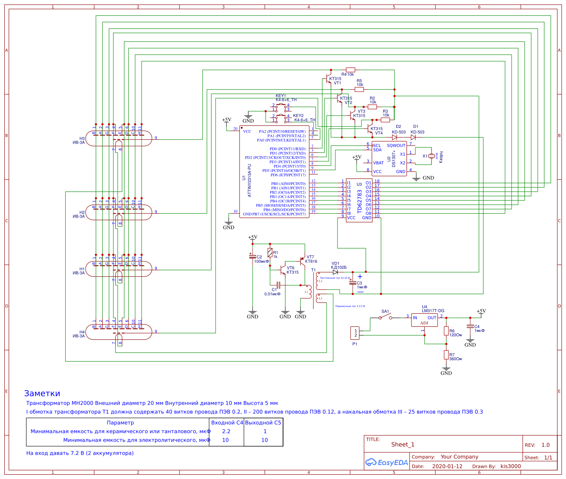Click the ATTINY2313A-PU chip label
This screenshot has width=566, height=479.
[249, 180]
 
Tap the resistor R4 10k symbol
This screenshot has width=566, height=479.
[350, 70]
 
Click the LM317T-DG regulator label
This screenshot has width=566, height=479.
[433, 311]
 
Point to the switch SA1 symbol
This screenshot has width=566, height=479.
[385, 317]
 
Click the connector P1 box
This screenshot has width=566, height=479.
[355, 333]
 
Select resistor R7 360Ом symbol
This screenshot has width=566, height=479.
[446, 355]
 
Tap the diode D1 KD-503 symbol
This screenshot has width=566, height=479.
[413, 137]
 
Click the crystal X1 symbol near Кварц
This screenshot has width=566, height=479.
[431, 156]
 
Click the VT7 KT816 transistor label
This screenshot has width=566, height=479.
[311, 259]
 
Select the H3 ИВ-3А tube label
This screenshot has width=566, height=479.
[79, 140]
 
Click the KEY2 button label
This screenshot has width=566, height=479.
[298, 116]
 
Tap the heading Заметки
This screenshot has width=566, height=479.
[42, 393]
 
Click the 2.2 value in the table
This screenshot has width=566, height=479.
[226, 432]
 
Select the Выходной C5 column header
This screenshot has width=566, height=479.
[263, 422]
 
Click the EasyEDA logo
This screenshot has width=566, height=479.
[387, 462]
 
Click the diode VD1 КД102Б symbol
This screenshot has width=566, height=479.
[335, 272]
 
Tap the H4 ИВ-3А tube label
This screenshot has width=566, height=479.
[79, 334]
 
